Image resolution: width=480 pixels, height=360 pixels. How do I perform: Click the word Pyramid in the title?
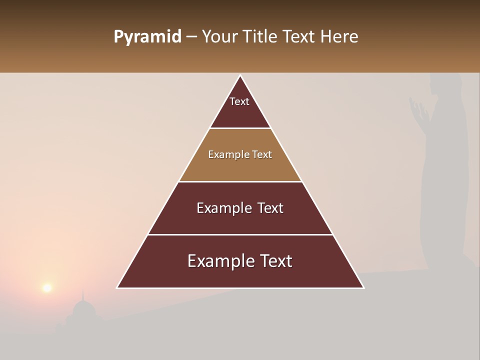click(x=147, y=37)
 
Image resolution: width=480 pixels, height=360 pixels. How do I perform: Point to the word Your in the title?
click(x=218, y=36)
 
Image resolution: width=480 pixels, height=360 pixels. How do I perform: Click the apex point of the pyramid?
click(x=240, y=75)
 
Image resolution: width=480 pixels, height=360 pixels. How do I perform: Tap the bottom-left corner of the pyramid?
click(x=117, y=287)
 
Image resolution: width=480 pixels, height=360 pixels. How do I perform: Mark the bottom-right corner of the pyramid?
click(x=363, y=287)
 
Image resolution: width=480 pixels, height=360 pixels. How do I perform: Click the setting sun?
click(x=47, y=287)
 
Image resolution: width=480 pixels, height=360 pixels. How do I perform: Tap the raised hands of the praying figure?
click(x=419, y=111)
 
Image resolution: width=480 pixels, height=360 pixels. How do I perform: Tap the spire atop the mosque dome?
click(x=83, y=295)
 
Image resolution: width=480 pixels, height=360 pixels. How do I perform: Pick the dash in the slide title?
click(x=191, y=37)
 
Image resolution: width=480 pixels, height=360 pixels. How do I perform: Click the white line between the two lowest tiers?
click(x=240, y=234)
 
